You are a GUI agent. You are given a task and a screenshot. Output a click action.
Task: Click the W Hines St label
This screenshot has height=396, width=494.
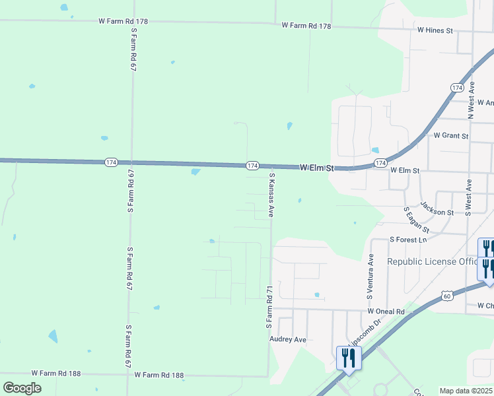(x=435, y=30)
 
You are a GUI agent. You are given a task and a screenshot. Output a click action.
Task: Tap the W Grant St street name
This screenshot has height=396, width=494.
(x=450, y=136)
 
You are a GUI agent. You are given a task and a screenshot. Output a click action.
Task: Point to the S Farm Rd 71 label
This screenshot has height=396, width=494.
(x=269, y=308)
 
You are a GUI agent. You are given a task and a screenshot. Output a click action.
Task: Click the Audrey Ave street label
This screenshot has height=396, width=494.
(x=288, y=339)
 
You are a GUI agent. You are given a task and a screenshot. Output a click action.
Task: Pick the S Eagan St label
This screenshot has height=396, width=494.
(x=416, y=220)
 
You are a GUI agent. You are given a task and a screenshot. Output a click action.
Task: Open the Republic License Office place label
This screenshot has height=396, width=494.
(x=432, y=261)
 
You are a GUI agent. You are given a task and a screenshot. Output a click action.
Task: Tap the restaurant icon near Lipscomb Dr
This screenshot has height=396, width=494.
(x=349, y=358)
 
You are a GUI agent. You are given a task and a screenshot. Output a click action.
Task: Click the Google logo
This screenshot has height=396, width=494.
(x=22, y=388)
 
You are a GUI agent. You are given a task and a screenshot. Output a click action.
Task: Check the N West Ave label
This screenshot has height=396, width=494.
(x=471, y=100)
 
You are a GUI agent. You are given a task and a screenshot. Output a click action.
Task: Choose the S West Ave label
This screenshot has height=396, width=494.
(x=468, y=197)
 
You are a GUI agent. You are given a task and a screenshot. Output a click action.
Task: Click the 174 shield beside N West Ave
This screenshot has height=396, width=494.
(x=457, y=88)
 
